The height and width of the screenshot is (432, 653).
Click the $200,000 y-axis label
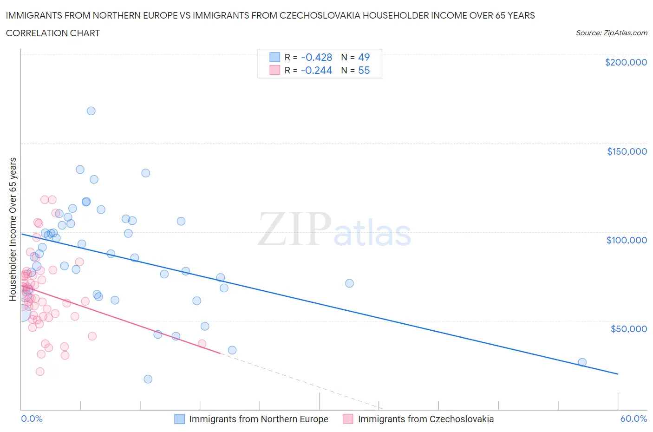coord(626,62)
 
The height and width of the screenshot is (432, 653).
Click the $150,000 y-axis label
coord(627,151)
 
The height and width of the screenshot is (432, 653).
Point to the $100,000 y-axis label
coord(627,240)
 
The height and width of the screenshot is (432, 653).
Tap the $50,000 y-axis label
coord(628,329)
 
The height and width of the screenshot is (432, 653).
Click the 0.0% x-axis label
coord(32,419)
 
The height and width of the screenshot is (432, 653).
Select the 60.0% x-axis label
coord(633,419)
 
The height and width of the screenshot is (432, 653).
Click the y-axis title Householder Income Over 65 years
coord(13,229)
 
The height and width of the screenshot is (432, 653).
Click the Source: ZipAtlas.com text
coord(611,33)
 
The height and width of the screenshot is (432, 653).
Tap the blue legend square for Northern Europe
coord(179,419)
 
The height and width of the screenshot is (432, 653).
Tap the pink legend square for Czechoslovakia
coord(348,419)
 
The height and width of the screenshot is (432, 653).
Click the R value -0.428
coord(316,57)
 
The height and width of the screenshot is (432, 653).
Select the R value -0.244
coord(316,70)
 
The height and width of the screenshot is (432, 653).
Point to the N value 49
coord(364,57)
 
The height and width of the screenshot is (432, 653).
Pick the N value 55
coord(364,70)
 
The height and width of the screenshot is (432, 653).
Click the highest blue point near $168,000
coord(91,111)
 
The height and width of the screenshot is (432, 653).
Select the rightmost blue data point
coord(582,362)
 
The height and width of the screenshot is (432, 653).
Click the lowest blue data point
coord(148,379)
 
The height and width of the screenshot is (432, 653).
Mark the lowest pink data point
coord(40,372)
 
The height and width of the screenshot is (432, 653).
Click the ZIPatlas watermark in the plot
coord(334,229)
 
